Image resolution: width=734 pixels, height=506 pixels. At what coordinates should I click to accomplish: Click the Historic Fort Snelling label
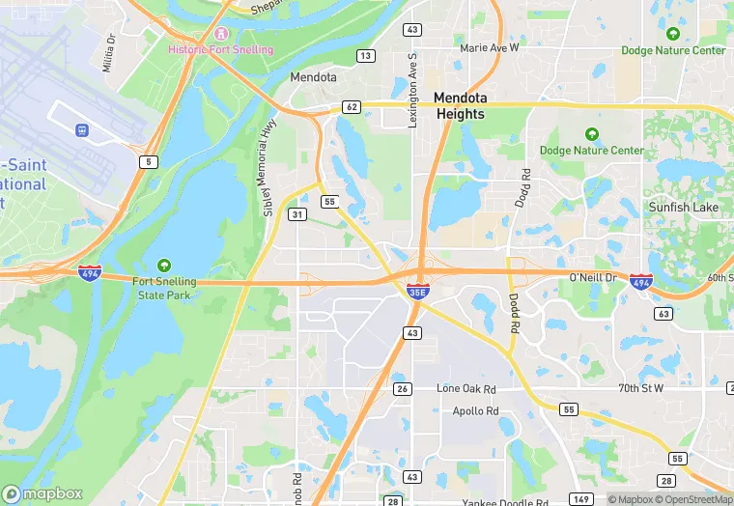coord(220,49)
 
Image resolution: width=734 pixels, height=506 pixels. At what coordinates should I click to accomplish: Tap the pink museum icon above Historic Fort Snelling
coord(220,34)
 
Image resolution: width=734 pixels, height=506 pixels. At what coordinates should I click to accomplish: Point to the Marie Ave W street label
coord(490,46)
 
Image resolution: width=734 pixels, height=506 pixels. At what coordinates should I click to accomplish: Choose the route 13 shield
coord(365,55)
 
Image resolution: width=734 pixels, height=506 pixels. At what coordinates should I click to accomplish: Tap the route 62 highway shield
coord(351,107)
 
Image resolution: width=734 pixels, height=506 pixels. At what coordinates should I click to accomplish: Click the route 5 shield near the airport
coord(148,161)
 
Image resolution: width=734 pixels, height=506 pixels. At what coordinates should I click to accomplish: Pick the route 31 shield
coord(297,213)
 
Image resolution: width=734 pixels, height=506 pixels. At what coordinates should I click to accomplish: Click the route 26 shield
coord(403,389)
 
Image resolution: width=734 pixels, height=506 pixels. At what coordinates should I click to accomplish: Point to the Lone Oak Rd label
coord(466,388)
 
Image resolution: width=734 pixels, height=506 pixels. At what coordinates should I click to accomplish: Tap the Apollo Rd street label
coord(476,410)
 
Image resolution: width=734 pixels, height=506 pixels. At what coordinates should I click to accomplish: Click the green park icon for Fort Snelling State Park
coord(163,266)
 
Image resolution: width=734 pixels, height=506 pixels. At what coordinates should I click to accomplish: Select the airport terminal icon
coord(81,129)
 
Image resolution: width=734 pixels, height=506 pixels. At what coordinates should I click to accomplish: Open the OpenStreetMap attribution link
coord(691,499)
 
